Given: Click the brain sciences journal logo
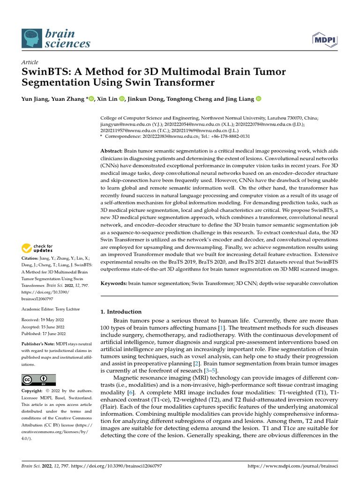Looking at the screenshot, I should pos(56,38).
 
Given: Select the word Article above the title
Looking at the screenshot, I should pos(30,62).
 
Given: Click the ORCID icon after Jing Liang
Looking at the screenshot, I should pos(258,99).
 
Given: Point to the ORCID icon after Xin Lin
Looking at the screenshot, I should pos(121,99).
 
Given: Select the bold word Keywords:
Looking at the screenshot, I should pos(114,284).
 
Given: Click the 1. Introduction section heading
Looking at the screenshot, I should pos(121,312).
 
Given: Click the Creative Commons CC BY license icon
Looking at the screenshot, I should pos(38,380).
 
